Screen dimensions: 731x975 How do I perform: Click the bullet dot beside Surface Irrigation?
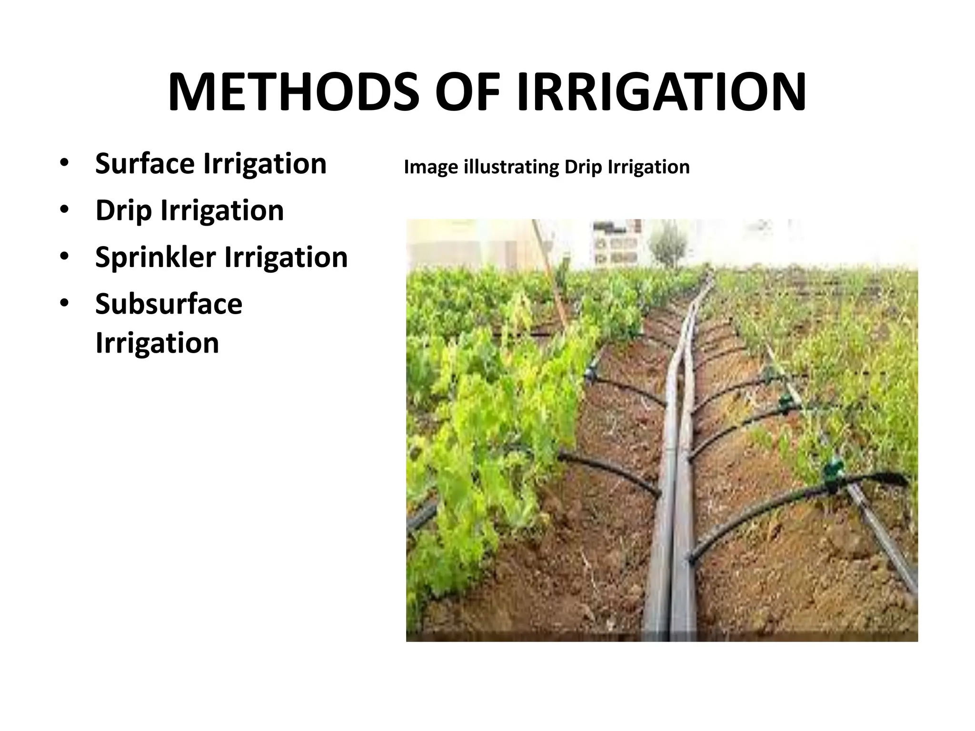tap(64, 164)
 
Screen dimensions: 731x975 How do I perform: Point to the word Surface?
tap(145, 164)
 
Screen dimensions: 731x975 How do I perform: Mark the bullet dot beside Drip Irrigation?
tap(64, 210)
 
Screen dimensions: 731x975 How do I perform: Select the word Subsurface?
tap(169, 304)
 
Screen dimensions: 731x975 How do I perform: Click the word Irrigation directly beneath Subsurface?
tap(157, 343)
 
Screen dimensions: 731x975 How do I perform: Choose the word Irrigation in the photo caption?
tap(649, 168)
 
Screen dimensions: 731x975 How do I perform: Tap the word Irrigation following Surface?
tap(265, 164)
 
